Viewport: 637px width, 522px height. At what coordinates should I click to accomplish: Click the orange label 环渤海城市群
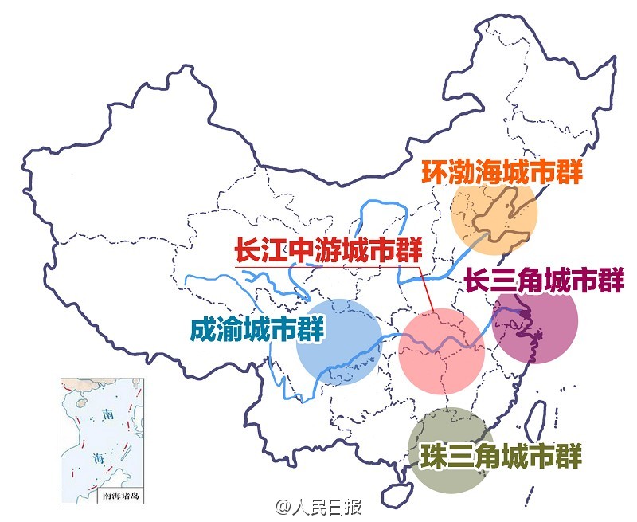502,171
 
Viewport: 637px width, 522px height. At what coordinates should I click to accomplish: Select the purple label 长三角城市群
544,281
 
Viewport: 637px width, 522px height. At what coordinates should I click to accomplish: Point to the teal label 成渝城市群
258,329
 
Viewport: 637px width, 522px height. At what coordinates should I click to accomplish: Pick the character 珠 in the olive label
434,455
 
